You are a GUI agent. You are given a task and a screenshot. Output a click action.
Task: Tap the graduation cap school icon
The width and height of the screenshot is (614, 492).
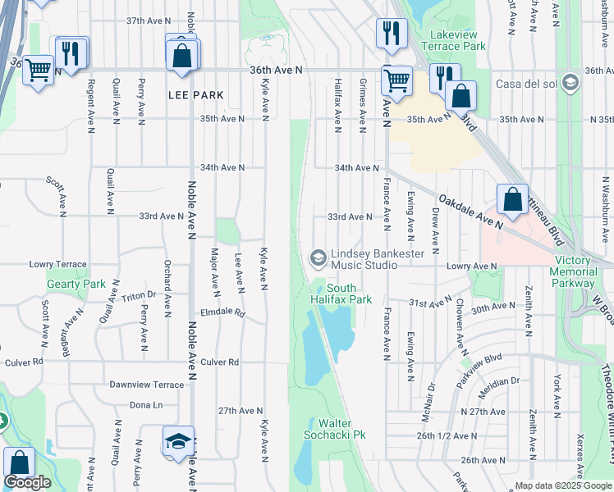pyautogui.click(x=178, y=441)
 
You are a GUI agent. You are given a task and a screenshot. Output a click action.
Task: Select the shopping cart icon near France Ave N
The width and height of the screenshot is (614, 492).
pyautogui.click(x=396, y=81)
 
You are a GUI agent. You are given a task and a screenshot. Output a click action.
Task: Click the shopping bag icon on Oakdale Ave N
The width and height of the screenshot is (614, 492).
pyautogui.click(x=512, y=199)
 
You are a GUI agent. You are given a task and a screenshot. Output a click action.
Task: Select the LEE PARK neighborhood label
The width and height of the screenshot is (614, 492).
pyautogui.click(x=195, y=96)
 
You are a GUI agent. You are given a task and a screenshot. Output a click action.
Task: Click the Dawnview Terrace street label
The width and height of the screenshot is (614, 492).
pyautogui.click(x=147, y=385)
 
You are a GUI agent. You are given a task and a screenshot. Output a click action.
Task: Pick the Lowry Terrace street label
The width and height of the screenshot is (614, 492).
pyautogui.click(x=57, y=265)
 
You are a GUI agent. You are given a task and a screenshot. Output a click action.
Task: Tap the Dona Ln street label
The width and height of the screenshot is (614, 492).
pyautogui.click(x=146, y=405)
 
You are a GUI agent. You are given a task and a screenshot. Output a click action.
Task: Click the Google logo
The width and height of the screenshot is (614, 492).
pyautogui.click(x=27, y=483)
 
